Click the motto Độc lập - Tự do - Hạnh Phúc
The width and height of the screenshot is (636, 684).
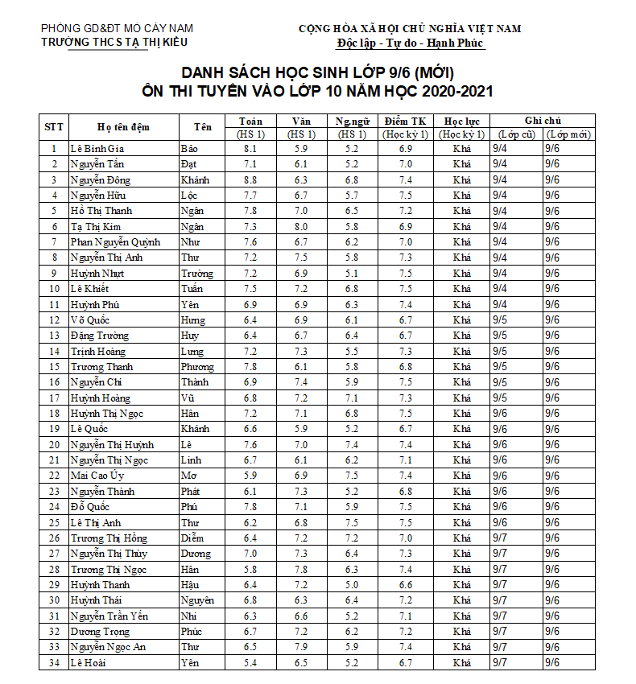pos(410,43)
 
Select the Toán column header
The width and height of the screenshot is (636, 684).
pos(250,121)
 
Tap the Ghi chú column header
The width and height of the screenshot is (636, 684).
pos(543,121)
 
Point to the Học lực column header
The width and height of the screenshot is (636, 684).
pos(462,121)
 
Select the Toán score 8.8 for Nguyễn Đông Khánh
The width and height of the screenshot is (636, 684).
pos(250,180)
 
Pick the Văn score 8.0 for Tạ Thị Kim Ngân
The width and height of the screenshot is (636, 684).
pos(300,227)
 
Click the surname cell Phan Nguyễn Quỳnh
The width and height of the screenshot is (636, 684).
pos(115,242)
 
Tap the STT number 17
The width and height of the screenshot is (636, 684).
pos(54,398)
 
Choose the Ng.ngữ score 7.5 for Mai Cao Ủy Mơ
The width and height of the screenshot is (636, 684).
pos(352,476)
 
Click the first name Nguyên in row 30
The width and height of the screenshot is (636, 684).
pos(197,600)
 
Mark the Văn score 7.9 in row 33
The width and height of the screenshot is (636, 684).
pos(300,647)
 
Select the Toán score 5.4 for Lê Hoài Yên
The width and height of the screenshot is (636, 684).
pos(250,663)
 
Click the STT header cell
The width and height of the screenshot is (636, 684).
pos(54,127)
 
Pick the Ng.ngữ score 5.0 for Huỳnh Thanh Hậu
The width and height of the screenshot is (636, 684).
pos(352,585)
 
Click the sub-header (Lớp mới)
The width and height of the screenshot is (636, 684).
pos(568,134)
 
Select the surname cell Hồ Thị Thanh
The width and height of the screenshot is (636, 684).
pos(101,211)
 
